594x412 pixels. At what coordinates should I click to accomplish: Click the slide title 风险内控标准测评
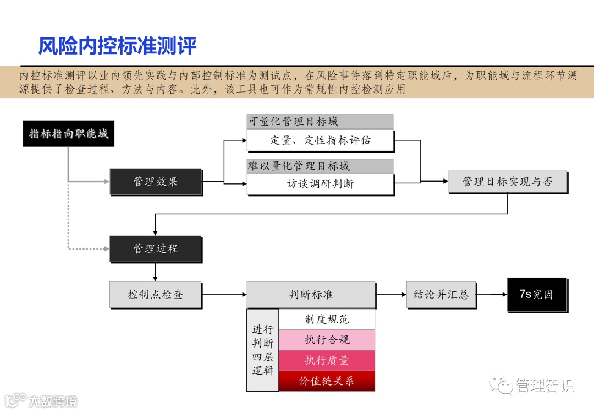[117, 46]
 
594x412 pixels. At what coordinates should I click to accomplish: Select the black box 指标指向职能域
[68, 133]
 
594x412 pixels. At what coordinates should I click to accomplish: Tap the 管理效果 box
[156, 182]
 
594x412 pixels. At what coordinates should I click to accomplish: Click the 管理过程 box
[156, 248]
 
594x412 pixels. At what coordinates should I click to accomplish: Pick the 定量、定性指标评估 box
[320, 140]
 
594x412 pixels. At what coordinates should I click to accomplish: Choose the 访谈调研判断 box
[320, 184]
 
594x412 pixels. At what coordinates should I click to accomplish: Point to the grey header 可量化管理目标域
[320, 122]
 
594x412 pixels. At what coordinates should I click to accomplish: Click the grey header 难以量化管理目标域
[320, 166]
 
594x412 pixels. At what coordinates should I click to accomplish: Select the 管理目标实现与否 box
[507, 182]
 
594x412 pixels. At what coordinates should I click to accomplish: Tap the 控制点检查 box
[156, 295]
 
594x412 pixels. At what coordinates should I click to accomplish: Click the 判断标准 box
[311, 295]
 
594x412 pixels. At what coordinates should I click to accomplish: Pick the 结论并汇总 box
[441, 295]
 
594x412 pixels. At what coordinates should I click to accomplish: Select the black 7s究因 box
[536, 295]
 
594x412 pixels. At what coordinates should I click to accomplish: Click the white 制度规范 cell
[327, 319]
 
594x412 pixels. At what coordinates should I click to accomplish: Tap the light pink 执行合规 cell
[327, 340]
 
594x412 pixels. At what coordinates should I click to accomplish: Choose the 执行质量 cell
[327, 360]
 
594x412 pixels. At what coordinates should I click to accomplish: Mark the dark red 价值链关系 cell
[327, 381]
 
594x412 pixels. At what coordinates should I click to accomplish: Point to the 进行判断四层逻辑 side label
[263, 350]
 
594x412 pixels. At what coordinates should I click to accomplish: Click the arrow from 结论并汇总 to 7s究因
[491, 295]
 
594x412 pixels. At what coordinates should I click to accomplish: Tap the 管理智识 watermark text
[544, 386]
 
